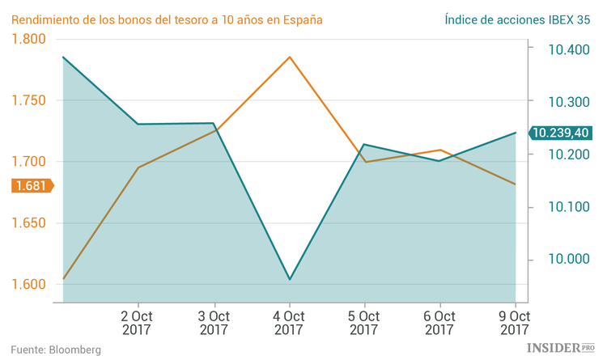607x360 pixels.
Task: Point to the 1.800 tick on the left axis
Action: (29, 39)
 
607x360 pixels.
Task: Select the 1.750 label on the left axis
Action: (29, 100)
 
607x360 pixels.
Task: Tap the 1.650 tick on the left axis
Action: (29, 223)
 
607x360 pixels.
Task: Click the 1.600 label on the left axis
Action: (29, 285)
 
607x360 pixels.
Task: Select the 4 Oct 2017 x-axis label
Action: (289, 322)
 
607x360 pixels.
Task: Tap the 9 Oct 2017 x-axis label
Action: (515, 322)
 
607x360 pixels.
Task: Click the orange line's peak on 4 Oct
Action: (289, 57)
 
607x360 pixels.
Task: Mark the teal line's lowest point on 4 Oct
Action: (289, 280)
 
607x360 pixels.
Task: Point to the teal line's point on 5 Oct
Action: (364, 145)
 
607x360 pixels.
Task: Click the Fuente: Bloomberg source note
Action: (56, 349)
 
